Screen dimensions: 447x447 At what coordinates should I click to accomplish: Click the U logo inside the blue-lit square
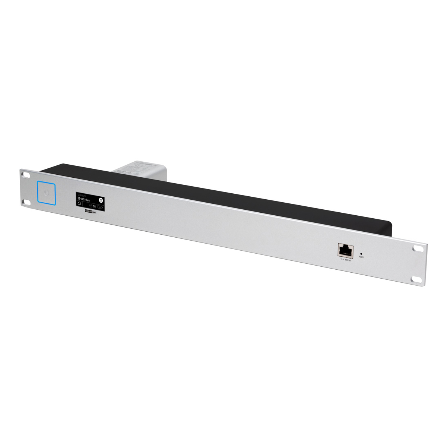(47, 193)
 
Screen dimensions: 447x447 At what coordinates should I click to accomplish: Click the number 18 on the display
(94, 206)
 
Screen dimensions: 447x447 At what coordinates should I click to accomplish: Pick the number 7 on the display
(102, 207)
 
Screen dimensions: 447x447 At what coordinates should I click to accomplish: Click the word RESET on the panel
(361, 257)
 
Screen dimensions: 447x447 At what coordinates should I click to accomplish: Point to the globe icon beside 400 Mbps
(79, 199)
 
